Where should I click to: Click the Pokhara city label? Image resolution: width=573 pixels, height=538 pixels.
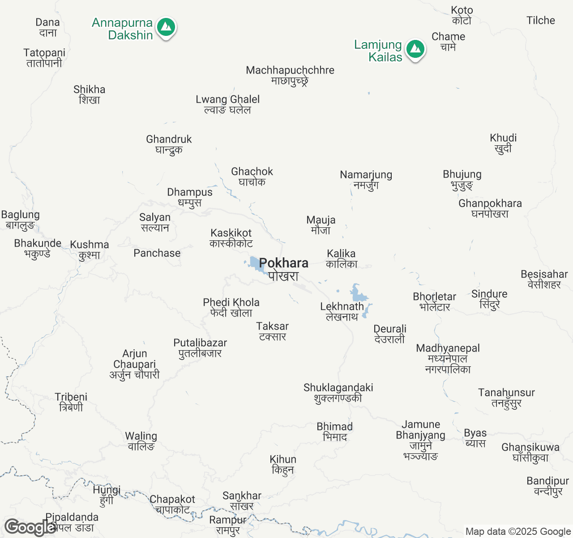[x=283, y=269]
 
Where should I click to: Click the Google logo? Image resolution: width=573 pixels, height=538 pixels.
[x=29, y=527]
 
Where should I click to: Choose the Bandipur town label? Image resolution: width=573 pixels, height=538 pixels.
[x=547, y=486]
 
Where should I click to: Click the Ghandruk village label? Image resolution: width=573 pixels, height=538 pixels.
[x=169, y=144]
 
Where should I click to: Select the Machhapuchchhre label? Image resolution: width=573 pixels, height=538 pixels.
[x=290, y=75]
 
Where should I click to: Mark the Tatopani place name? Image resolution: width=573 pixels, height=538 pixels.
[x=44, y=58]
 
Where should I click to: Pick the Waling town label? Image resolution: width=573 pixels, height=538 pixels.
[x=141, y=441]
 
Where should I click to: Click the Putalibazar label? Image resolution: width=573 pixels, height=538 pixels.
[x=200, y=348]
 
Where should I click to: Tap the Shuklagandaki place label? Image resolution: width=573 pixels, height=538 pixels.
[x=338, y=393]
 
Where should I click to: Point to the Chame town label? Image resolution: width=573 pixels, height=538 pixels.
[x=448, y=42]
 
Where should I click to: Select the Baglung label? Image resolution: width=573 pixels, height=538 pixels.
[x=21, y=220]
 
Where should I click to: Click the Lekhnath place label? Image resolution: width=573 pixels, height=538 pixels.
[x=342, y=311]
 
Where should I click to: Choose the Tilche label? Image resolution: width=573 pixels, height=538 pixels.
[x=540, y=20]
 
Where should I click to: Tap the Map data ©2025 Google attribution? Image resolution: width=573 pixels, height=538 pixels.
[x=518, y=531]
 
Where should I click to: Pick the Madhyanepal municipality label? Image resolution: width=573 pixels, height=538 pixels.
[x=448, y=359]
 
